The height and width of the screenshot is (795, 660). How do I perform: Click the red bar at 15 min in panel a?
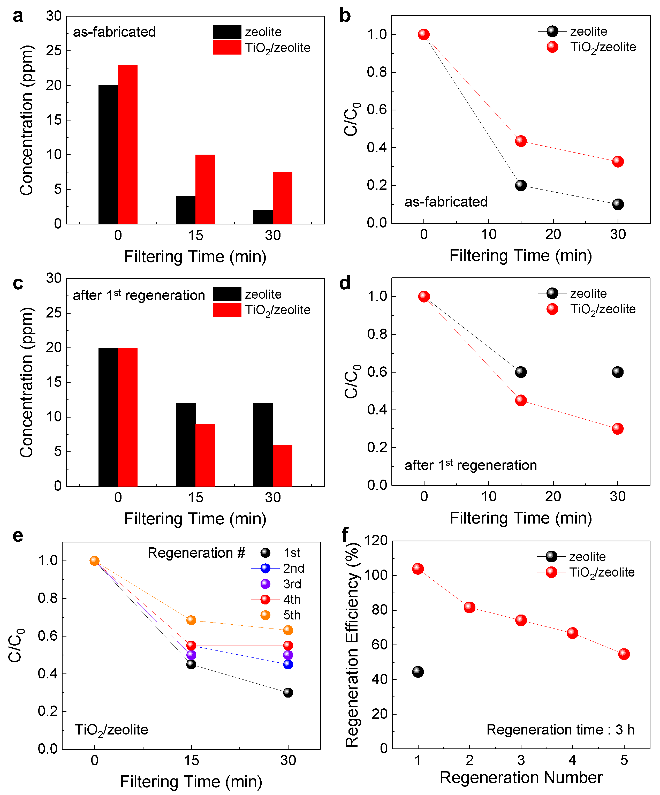click(x=205, y=189)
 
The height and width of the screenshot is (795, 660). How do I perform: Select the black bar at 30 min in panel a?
click(x=263, y=217)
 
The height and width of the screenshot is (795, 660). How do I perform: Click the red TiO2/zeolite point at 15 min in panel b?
click(x=521, y=141)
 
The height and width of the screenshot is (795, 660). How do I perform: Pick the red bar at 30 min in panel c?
click(x=282, y=465)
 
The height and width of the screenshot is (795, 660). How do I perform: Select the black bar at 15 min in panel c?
click(x=186, y=444)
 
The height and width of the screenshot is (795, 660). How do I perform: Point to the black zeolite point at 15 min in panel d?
click(x=521, y=372)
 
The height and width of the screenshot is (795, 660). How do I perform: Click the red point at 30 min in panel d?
click(x=618, y=429)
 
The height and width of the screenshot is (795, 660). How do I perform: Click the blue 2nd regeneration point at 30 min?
click(x=288, y=664)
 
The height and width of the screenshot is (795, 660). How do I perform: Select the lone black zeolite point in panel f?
click(x=418, y=672)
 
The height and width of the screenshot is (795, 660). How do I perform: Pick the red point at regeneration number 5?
click(x=624, y=654)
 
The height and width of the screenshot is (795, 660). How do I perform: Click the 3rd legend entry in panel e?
click(x=292, y=584)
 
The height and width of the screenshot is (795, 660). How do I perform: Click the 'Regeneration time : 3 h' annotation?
click(x=560, y=730)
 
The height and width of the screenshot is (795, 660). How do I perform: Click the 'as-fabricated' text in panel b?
click(x=446, y=202)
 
